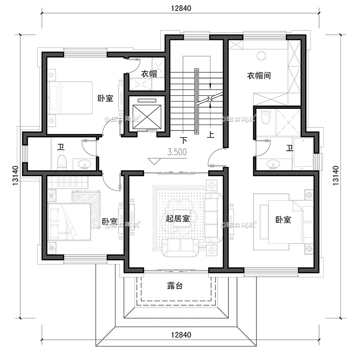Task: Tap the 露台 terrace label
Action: (x=175, y=286)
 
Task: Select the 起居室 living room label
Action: (x=177, y=219)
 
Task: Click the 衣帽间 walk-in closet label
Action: (x=258, y=75)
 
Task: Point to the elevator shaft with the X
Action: (x=144, y=112)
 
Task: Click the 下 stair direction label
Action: (x=183, y=141)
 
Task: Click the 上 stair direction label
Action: (x=211, y=135)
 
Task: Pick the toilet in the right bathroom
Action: (x=265, y=117)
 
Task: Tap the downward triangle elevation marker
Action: (x=154, y=161)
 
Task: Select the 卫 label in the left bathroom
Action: (x=60, y=147)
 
